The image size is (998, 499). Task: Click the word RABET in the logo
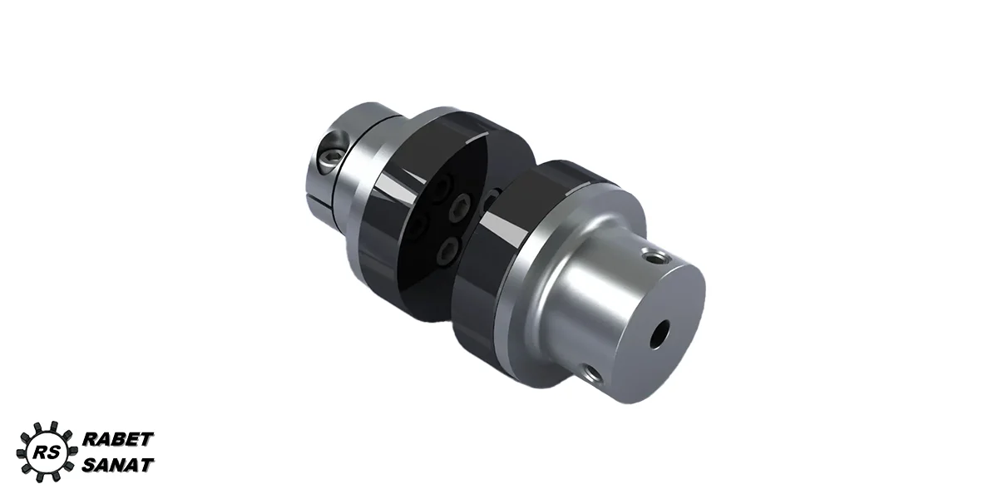tap(118, 439)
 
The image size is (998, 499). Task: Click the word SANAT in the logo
tap(118, 465)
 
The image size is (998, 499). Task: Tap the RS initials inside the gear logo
tap(47, 452)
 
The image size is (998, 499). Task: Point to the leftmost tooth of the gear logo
tap(21, 453)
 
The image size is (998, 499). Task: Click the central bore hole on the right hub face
tap(659, 334)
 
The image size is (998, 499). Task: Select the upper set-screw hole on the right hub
tap(651, 258)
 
